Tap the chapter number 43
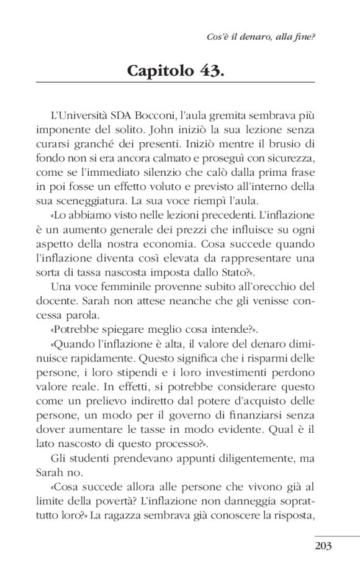211,70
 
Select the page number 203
323,546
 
